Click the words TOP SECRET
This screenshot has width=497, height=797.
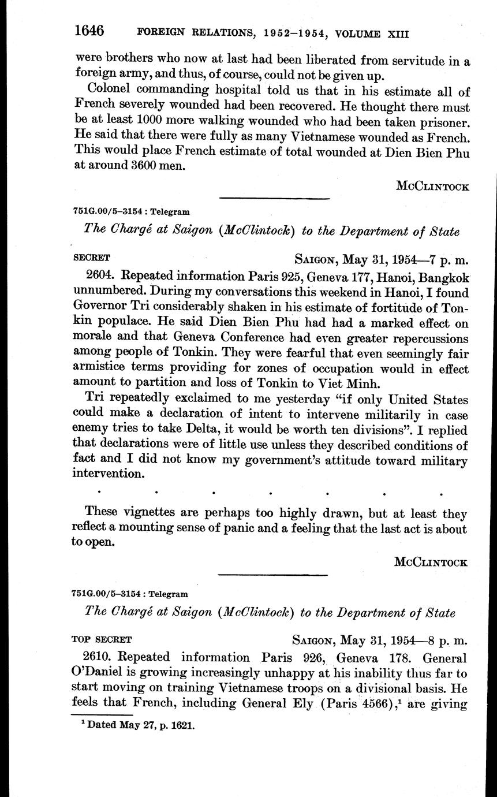[102, 639]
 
